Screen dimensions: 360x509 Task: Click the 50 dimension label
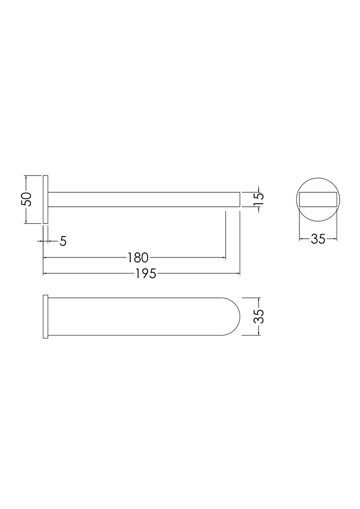coord(26,199)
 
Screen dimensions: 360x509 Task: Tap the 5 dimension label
coord(63,241)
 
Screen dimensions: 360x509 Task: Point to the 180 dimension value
coord(138,258)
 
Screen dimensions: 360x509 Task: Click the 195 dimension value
coord(146,274)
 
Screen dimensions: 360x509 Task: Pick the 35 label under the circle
coord(318,239)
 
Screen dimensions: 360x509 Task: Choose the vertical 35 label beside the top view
coord(259,316)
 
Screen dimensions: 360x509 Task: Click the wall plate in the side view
coord(45,200)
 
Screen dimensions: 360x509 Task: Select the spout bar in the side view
coord(144,200)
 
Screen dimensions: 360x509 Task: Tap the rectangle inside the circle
coord(318,200)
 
